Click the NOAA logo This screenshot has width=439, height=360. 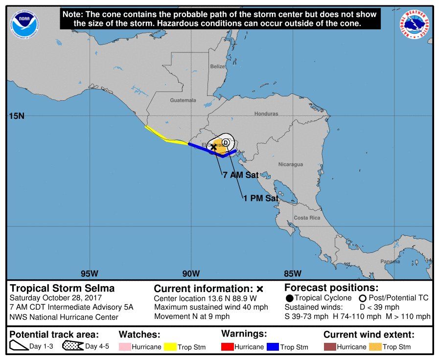pos(23,22)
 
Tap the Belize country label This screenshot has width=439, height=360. pos(217,67)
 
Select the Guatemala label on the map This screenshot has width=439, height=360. pos(183,100)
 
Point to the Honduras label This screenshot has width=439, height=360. pos(266,114)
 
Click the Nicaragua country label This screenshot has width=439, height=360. pos(291,164)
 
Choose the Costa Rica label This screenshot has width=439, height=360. pos(307,218)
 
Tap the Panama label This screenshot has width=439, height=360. pos(390,261)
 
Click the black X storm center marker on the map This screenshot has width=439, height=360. pos(213,147)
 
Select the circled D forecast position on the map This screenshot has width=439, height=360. pos(226,142)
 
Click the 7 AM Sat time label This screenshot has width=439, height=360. pos(240,175)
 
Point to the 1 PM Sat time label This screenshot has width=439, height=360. pos(260,198)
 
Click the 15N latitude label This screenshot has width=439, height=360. pos(17,116)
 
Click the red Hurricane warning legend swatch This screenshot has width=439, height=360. pos(228,347)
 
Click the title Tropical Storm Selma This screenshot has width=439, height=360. pos(62,288)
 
